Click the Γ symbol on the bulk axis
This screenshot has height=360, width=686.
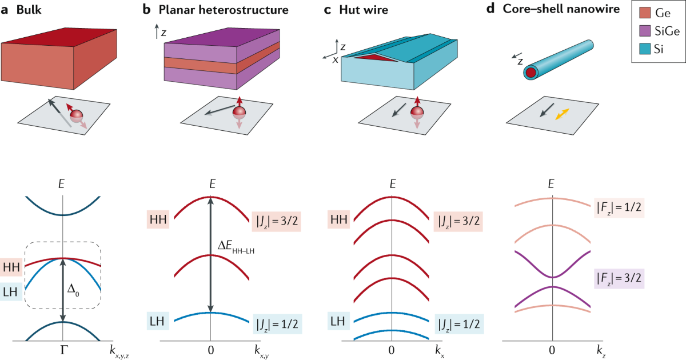coord(63,349)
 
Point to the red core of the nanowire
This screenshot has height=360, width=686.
coord(531,73)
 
